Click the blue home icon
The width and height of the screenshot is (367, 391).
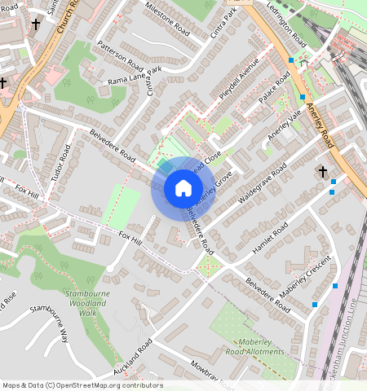tap(183, 189)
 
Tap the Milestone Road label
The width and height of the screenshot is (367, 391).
tap(166, 20)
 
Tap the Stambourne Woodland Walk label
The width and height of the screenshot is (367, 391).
tap(82, 302)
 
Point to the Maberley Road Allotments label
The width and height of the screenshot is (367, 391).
tap(260, 347)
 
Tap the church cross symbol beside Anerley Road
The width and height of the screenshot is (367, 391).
tap(323, 172)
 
